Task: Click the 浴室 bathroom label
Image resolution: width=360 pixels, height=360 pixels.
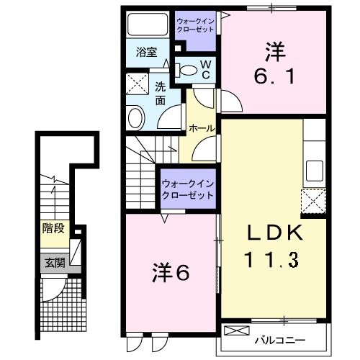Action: pos(147,51)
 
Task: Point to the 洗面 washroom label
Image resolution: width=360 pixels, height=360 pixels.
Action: pos(161,94)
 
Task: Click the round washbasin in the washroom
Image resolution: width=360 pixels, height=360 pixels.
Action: pos(135,117)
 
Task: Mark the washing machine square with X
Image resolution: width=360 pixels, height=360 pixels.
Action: pos(135,85)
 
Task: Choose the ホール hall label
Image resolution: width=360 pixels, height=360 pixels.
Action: pos(200,127)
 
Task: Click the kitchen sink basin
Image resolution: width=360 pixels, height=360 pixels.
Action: pos(314,171)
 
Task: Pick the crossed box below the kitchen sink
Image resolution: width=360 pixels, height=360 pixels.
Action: pos(312,202)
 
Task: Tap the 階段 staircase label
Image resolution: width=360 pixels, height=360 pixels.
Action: pos(54,229)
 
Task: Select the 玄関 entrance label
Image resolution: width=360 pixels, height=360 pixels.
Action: pos(54,263)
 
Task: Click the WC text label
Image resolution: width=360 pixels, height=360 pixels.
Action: pos(205,69)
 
